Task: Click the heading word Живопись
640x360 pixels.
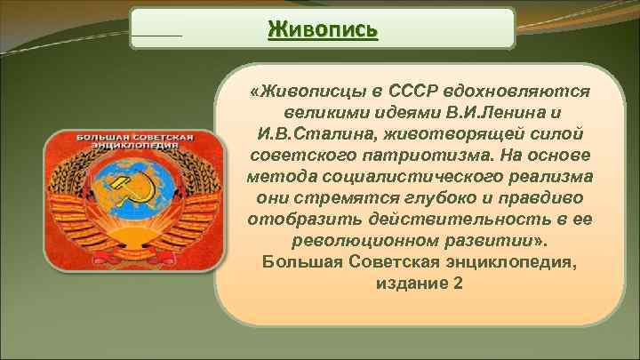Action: point(322,29)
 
